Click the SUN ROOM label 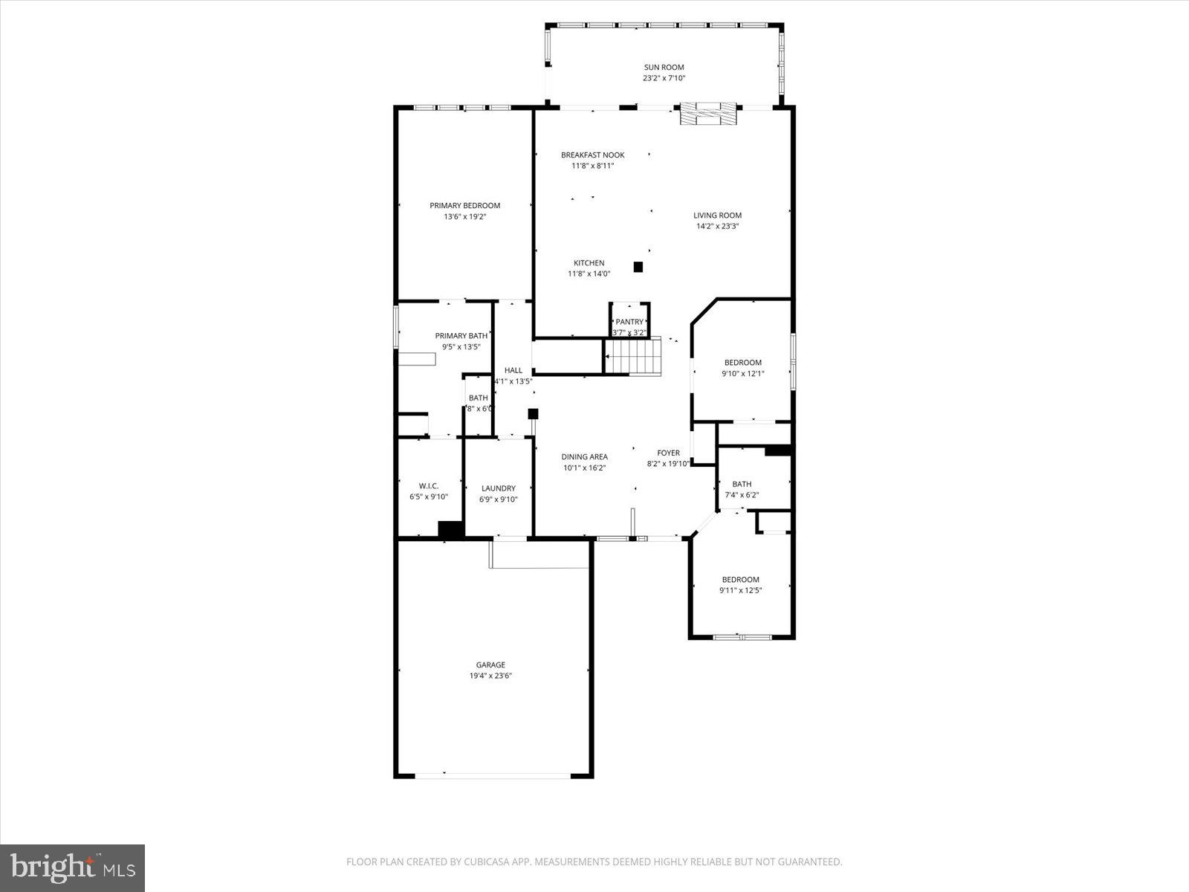coord(664,67)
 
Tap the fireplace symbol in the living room coord(710,114)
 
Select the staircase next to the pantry coord(633,357)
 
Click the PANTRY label coord(629,322)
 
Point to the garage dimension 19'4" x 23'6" coord(490,676)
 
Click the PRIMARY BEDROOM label coord(464,206)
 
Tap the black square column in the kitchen coord(638,267)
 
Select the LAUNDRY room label coord(498,488)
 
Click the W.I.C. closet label coord(429,485)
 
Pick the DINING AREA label coord(584,457)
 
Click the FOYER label coord(668,453)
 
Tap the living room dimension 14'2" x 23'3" coord(717,227)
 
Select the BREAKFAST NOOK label coord(592,155)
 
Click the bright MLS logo coord(72,867)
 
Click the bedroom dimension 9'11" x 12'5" coord(740,591)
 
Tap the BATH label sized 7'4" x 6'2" coord(742,484)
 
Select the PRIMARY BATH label coord(461,336)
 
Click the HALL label coord(513,370)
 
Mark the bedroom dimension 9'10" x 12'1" coord(743,374)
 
